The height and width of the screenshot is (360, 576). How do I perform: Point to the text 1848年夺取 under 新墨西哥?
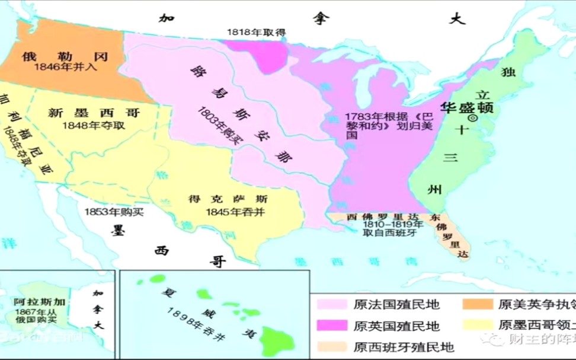point(94,125)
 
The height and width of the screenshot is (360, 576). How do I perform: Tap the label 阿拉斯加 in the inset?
point(40,302)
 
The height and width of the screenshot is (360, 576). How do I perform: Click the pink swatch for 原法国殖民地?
point(331,304)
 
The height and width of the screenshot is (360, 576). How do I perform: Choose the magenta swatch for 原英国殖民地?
point(331,326)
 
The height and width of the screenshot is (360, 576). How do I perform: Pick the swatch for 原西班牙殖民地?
point(331,346)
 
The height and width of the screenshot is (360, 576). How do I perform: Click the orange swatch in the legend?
point(477,304)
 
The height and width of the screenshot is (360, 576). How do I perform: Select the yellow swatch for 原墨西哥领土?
point(477,325)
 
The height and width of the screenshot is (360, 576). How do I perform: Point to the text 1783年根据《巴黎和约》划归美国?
point(380,125)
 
